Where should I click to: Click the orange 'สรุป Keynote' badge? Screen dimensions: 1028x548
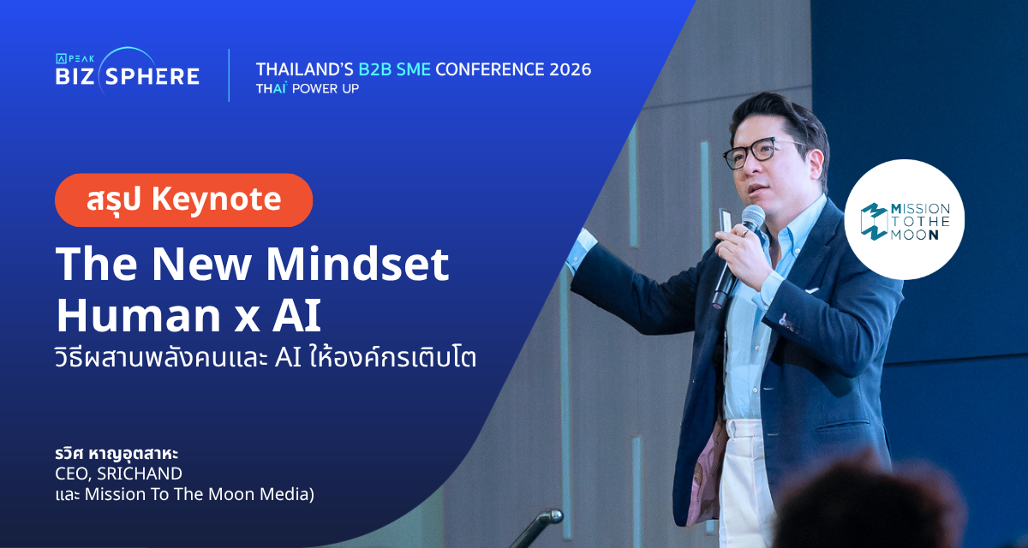pyautogui.click(x=183, y=200)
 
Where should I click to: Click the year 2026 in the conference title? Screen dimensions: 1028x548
pyautogui.click(x=571, y=69)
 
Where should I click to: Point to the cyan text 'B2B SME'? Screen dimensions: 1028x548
pyautogui.click(x=394, y=69)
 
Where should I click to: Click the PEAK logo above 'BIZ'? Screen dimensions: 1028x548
pyautogui.click(x=75, y=59)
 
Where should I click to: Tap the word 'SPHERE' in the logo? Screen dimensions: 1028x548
pyautogui.click(x=152, y=76)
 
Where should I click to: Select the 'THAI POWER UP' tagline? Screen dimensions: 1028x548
pyautogui.click(x=308, y=88)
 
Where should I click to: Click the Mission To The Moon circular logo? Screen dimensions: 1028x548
pyautogui.click(x=904, y=220)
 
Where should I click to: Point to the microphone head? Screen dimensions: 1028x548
pyautogui.click(x=752, y=217)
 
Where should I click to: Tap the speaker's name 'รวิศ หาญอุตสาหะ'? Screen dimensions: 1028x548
pyautogui.click(x=117, y=454)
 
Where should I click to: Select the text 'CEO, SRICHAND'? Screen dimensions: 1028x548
pyautogui.click(x=118, y=474)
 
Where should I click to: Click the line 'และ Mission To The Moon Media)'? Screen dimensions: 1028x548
pyautogui.click(x=184, y=494)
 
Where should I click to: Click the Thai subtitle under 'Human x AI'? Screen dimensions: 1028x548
pyautogui.click(x=266, y=358)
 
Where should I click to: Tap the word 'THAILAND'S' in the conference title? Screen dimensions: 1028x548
pyautogui.click(x=304, y=69)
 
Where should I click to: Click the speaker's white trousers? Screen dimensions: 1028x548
pyautogui.click(x=746, y=481)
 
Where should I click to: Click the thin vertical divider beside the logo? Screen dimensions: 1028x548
pyautogui.click(x=229, y=75)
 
